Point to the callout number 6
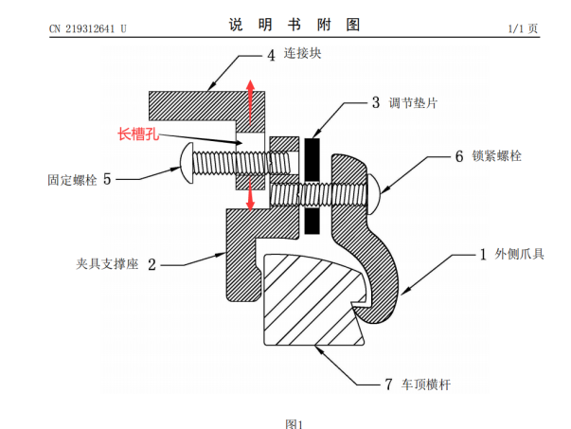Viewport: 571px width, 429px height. click(x=459, y=154)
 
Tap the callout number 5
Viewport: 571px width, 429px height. click(x=107, y=177)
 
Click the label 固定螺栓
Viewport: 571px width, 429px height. click(x=71, y=177)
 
